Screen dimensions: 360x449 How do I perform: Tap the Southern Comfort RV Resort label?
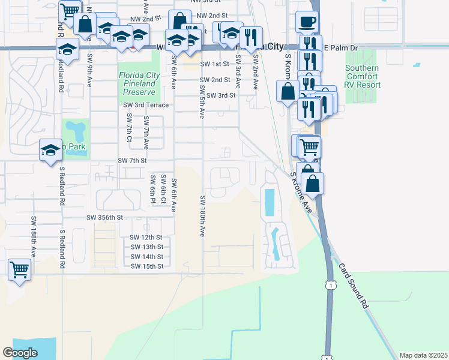pyautogui.click(x=362, y=76)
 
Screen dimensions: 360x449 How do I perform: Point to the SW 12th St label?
pyautogui.click(x=146, y=238)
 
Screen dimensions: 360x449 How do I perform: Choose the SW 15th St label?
pyautogui.click(x=146, y=266)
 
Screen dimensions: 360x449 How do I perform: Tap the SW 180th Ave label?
pyautogui.click(x=203, y=215)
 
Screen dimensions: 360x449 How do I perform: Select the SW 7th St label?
pyautogui.click(x=132, y=161)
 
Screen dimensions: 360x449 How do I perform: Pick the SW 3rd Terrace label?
pyautogui.click(x=146, y=105)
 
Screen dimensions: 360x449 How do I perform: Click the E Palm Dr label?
pyautogui.click(x=340, y=47)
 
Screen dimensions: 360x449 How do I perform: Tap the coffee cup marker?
pyautogui.click(x=307, y=22)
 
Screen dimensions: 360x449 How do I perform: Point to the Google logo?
pyautogui.click(x=20, y=353)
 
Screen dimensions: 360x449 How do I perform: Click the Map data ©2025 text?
pyautogui.click(x=423, y=355)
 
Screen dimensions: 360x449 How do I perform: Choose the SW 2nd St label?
pyautogui.click(x=215, y=80)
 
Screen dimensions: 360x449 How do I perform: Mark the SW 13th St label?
pyautogui.click(x=146, y=247)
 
